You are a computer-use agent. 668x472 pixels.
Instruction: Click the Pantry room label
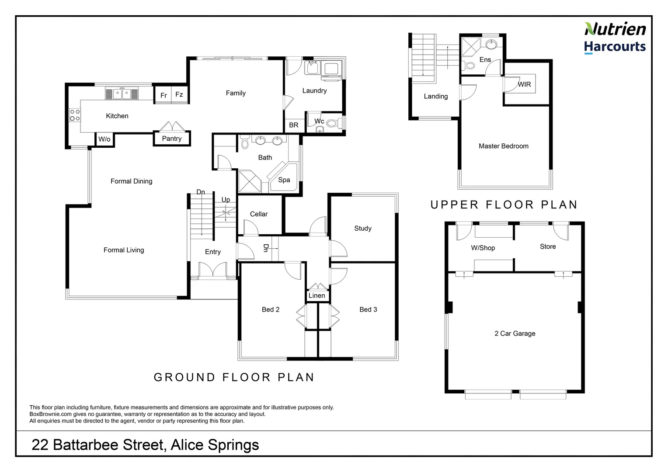click(x=171, y=139)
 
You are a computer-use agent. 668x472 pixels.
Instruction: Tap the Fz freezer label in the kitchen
click(x=179, y=94)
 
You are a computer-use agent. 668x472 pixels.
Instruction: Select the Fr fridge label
click(x=164, y=95)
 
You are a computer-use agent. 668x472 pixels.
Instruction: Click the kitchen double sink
click(x=122, y=94)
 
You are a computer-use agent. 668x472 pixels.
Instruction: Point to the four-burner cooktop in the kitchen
click(x=75, y=115)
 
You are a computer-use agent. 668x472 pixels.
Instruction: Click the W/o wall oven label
click(x=104, y=139)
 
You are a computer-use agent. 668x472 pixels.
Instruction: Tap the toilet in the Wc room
click(x=334, y=123)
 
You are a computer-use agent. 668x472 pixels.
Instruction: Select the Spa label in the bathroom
click(x=284, y=180)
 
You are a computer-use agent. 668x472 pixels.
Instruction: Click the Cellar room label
click(x=258, y=214)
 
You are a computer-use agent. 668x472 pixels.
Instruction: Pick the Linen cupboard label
click(x=317, y=295)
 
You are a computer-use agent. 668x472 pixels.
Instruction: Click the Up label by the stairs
click(x=226, y=200)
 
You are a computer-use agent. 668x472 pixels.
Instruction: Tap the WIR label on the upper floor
click(x=524, y=84)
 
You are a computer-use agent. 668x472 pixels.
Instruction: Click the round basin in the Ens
click(x=491, y=45)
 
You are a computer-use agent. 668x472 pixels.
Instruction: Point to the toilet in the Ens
click(x=468, y=65)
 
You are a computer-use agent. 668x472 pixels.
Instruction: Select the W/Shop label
click(x=483, y=248)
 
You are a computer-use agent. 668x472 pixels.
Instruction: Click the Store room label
click(x=548, y=246)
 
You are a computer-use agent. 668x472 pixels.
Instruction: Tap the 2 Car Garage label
click(x=515, y=333)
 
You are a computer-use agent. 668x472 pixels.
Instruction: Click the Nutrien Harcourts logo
click(x=615, y=38)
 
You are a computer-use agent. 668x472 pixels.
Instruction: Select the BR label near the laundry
click(x=294, y=125)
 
